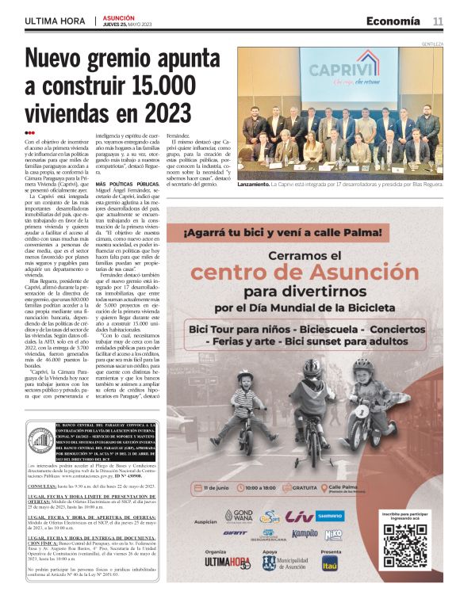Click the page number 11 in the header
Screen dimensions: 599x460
tap(438, 21)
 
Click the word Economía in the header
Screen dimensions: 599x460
tap(393, 21)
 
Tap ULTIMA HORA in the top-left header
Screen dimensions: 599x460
tap(55, 21)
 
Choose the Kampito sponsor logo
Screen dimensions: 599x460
tap(305, 533)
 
